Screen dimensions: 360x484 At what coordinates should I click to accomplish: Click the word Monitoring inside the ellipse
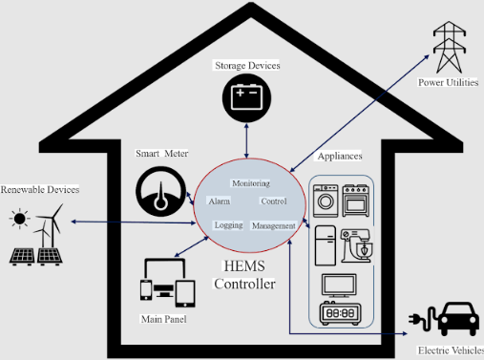251,182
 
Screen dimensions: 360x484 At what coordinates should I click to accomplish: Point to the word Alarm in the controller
219,201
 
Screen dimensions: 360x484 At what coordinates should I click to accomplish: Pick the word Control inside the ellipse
273,201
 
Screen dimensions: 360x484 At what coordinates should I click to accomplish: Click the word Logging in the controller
228,225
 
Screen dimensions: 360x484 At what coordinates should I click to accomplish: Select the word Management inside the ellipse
273,225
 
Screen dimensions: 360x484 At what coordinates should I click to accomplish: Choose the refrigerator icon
324,246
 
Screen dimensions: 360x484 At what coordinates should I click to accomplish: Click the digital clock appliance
340,313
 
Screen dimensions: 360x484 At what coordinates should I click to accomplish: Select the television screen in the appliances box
340,285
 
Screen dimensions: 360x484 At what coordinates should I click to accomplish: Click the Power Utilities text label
446,83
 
